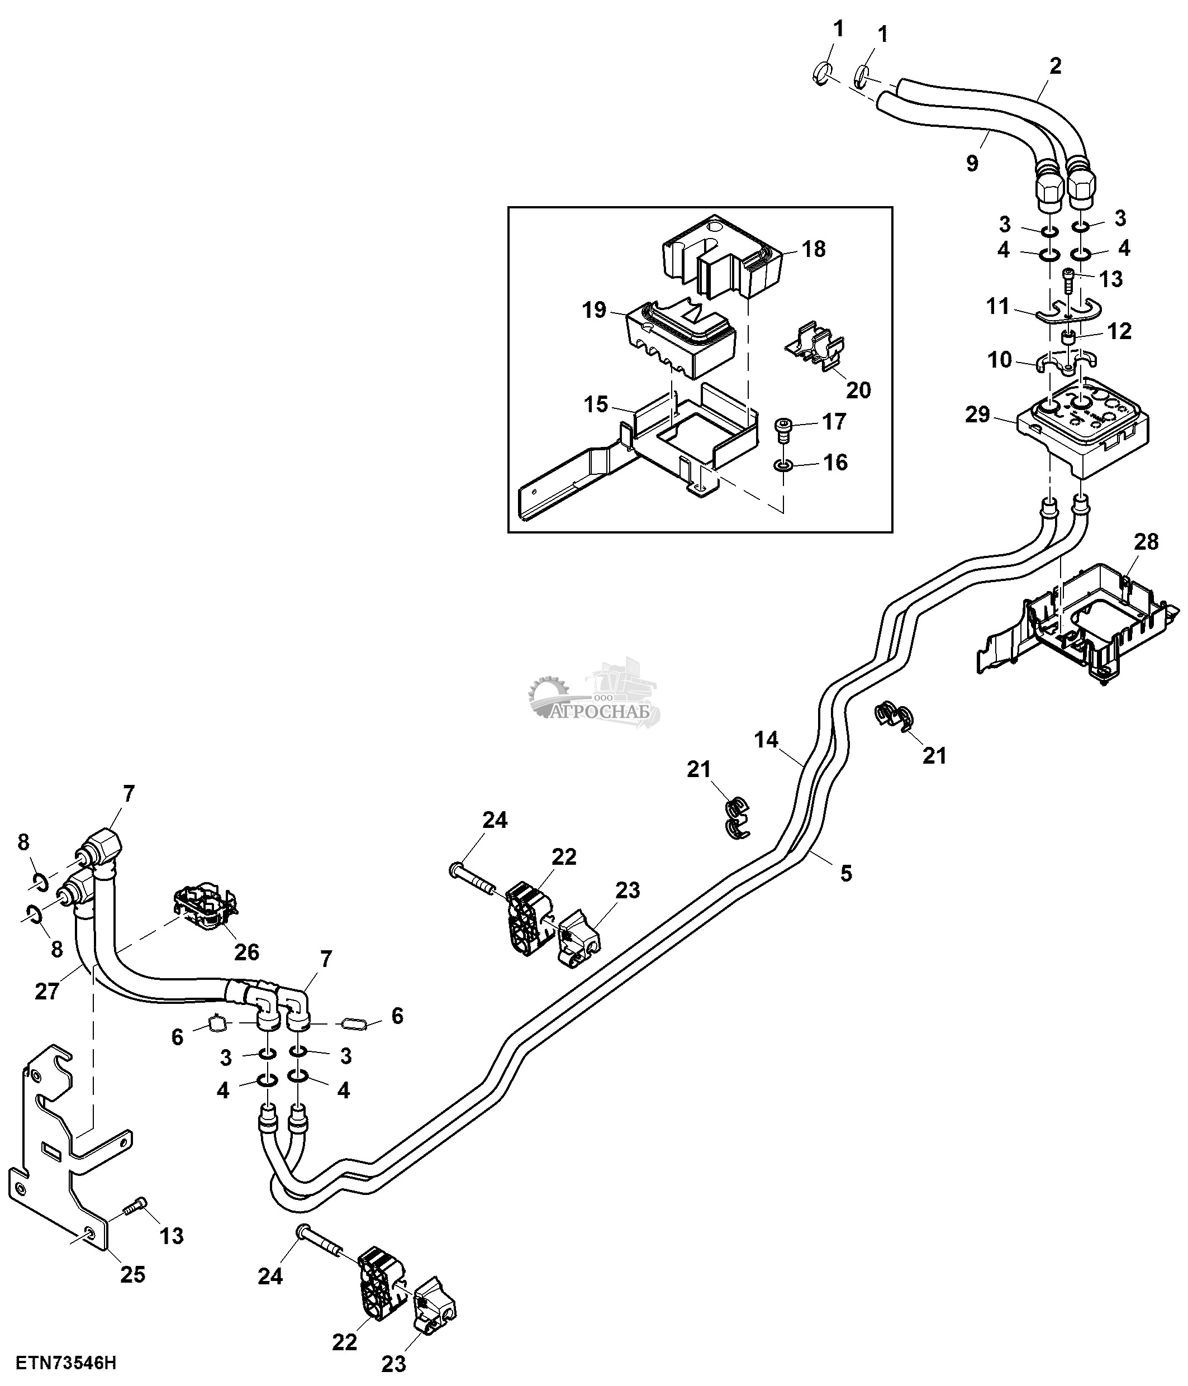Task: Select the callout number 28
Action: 1146,541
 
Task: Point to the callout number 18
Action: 814,249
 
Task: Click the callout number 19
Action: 594,311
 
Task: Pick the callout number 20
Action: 858,390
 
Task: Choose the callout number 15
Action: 596,404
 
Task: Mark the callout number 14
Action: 767,739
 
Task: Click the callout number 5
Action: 846,873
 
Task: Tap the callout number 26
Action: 246,951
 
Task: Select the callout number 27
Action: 47,992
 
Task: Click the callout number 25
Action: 132,1274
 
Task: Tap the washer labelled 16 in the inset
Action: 783,464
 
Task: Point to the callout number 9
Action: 972,163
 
